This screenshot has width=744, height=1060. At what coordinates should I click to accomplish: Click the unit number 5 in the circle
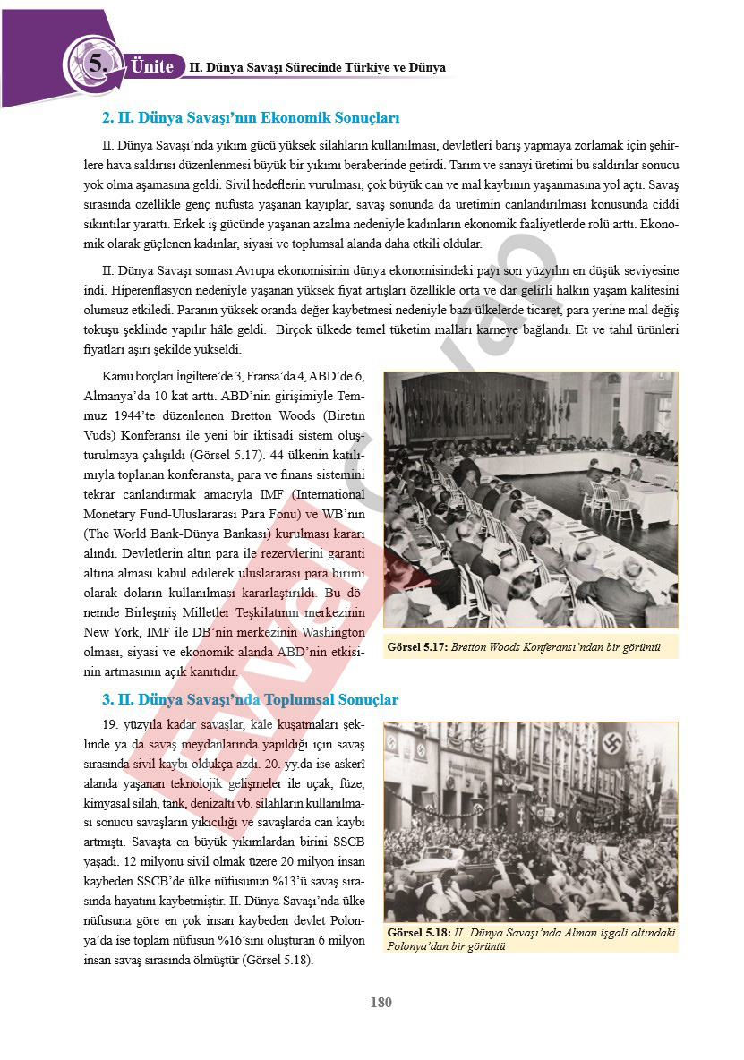pyautogui.click(x=97, y=64)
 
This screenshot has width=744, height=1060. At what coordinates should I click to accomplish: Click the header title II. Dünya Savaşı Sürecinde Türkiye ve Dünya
pyautogui.click(x=317, y=68)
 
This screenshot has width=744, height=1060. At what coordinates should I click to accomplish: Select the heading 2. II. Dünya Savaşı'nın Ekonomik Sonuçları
pyautogui.click(x=251, y=118)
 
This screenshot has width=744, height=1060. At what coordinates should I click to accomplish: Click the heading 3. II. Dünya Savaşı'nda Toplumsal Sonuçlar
pyautogui.click(x=250, y=699)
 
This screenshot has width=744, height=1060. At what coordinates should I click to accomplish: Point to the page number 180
pyautogui.click(x=381, y=1003)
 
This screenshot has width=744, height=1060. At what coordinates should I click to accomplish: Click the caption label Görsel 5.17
pyautogui.click(x=417, y=646)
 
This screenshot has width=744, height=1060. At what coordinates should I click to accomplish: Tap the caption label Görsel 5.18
pyautogui.click(x=417, y=933)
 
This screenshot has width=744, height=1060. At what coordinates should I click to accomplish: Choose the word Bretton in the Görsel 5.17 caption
pyautogui.click(x=474, y=646)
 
